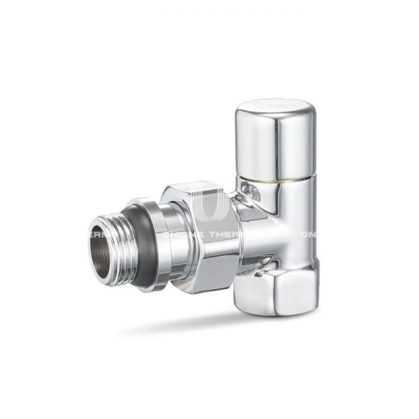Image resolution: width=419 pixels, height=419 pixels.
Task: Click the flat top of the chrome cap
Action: click(273, 106)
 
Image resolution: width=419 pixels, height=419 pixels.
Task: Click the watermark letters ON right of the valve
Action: click(308, 235)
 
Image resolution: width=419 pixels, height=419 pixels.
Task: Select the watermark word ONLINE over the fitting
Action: click(176, 235)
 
